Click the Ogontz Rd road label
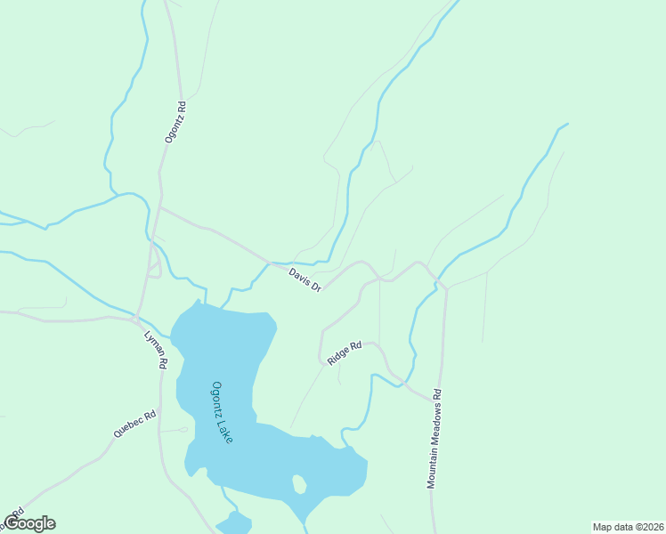point(175,123)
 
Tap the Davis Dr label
point(305,279)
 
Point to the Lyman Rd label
point(156,350)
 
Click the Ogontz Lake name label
point(223,412)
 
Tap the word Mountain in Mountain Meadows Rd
point(433,465)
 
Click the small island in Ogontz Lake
point(299,484)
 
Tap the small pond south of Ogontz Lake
point(234,523)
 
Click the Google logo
point(28,523)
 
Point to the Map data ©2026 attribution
point(628,526)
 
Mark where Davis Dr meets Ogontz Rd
point(160,207)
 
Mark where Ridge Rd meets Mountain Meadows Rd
point(442,397)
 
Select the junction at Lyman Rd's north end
point(136,318)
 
